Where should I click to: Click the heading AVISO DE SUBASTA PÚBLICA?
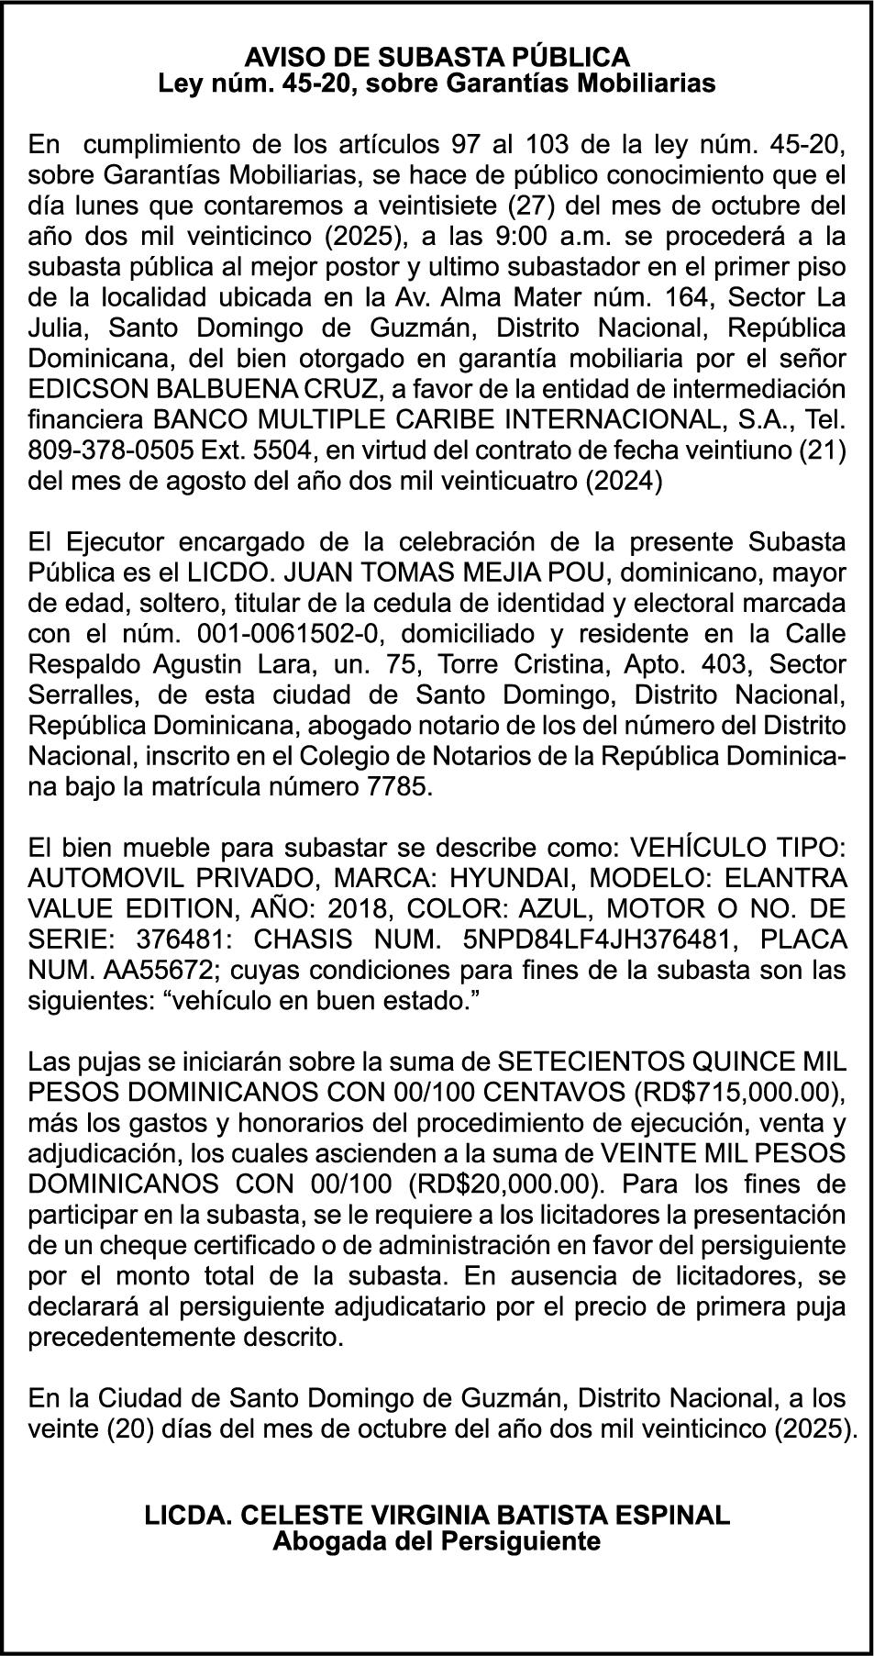tap(437, 57)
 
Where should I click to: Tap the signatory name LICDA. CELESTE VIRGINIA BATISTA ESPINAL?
tap(437, 1515)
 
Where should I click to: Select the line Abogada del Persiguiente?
tap(437, 1540)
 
